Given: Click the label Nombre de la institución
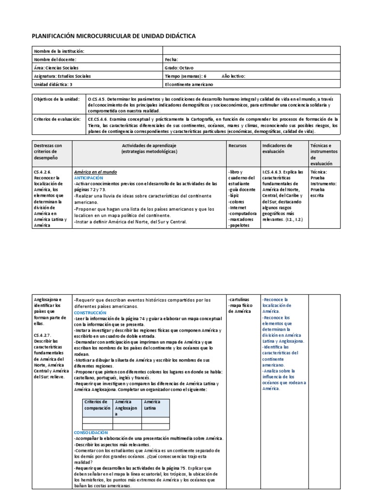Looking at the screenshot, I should pos(59,51).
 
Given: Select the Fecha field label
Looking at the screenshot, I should pos(172,59).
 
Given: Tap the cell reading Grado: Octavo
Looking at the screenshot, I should pos(179,68).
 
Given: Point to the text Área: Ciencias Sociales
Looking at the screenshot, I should pos(57,68).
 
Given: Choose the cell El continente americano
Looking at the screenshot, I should pos(189,84).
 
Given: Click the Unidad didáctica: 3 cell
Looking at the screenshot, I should pos(53,84).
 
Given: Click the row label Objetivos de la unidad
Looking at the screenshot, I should pos(56,99).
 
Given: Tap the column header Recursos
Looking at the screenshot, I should pos(237,146).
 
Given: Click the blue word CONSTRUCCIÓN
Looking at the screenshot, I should pos(90,313).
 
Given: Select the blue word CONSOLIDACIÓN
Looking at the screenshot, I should pos(91,432).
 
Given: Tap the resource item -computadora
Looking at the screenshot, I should pos(242,213).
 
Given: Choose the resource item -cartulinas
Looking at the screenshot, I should pos(239,300).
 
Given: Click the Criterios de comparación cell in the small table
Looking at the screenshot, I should pos(97,405).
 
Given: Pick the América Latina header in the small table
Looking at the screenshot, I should pos(153,405).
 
